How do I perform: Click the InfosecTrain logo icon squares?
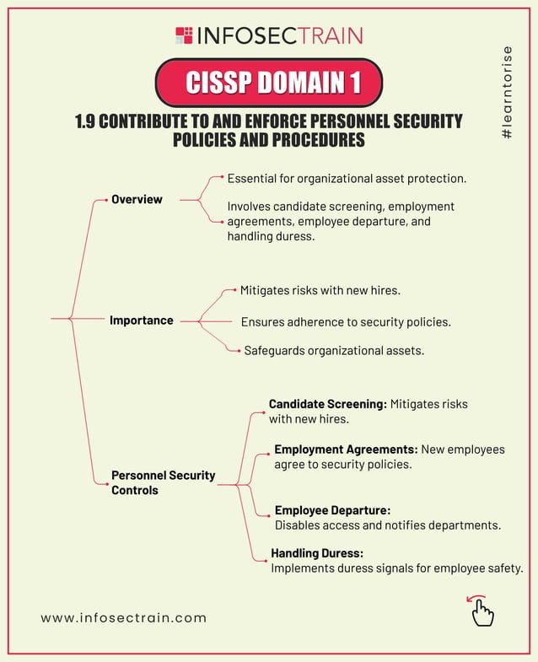pyautogui.click(x=184, y=35)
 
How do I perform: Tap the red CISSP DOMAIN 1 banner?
pyautogui.click(x=269, y=82)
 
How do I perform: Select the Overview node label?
pyautogui.click(x=137, y=199)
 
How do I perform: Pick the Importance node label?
pyautogui.click(x=141, y=320)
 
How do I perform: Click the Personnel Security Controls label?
pyautogui.click(x=163, y=482)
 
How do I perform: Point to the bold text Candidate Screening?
pyautogui.click(x=327, y=404)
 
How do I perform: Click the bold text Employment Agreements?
pyautogui.click(x=346, y=449)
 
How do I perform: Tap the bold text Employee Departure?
pyautogui.click(x=332, y=510)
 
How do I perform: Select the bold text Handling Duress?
pyautogui.click(x=317, y=553)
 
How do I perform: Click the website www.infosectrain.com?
pyautogui.click(x=123, y=617)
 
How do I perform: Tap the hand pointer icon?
pyautogui.click(x=482, y=614)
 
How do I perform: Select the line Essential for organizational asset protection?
pyautogui.click(x=347, y=179)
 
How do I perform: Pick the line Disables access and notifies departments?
pyautogui.click(x=388, y=525)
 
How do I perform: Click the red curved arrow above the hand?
pyautogui.click(x=476, y=599)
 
